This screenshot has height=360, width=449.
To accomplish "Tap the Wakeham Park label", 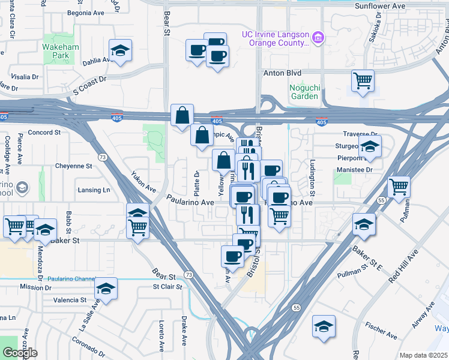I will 56,50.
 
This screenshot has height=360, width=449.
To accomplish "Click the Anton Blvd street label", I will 283,73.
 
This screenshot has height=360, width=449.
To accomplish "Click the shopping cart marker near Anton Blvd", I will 363,80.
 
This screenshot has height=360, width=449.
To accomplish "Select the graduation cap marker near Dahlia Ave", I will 120,52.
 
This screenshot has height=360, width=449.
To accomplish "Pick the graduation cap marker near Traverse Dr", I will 370,146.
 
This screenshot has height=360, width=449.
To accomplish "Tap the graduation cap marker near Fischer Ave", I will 324,326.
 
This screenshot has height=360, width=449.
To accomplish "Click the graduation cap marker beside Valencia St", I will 106,289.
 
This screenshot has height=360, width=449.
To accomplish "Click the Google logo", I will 20,353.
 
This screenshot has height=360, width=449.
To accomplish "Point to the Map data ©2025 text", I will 423,355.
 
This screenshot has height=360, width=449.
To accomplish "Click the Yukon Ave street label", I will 143,181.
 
